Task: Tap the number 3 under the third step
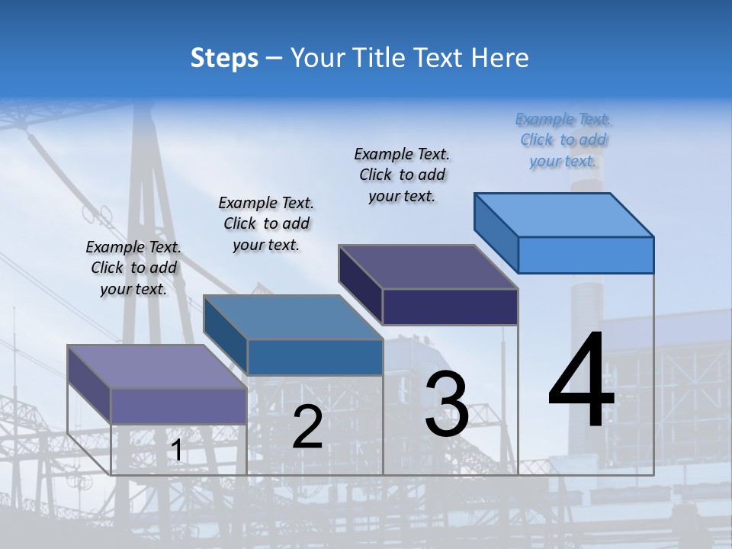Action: tap(447, 404)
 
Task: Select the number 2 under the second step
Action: tap(307, 427)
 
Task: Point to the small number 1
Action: tap(176, 451)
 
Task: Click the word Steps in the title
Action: tap(224, 58)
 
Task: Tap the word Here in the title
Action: tap(500, 58)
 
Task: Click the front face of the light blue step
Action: tap(586, 255)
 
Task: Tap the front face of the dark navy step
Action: tap(450, 307)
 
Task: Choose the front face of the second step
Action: tap(315, 357)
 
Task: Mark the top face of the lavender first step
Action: tap(157, 367)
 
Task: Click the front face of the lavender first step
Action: tap(178, 406)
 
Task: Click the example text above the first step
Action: tap(133, 268)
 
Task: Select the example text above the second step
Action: tap(266, 223)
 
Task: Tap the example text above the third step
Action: tap(402, 175)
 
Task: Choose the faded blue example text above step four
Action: tap(563, 140)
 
